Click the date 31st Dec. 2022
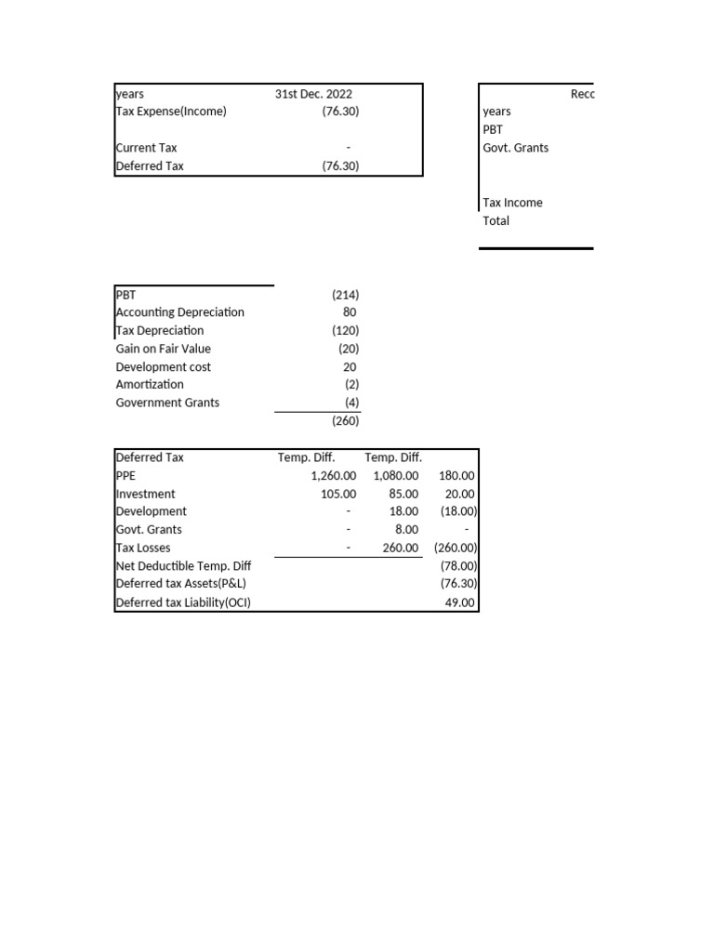coord(313,94)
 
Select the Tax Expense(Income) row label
coord(171,112)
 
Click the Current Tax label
coord(146,148)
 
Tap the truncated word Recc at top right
coord(581,94)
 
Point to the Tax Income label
coord(512,203)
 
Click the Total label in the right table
coord(496,220)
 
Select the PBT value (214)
coord(345,295)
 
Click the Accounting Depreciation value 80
coord(350,312)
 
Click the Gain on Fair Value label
coord(163,349)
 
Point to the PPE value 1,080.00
coord(395,475)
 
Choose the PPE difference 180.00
coord(456,475)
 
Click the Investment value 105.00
coord(338,494)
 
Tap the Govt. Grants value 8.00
coord(404,530)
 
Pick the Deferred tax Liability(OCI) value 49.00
coord(461,602)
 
